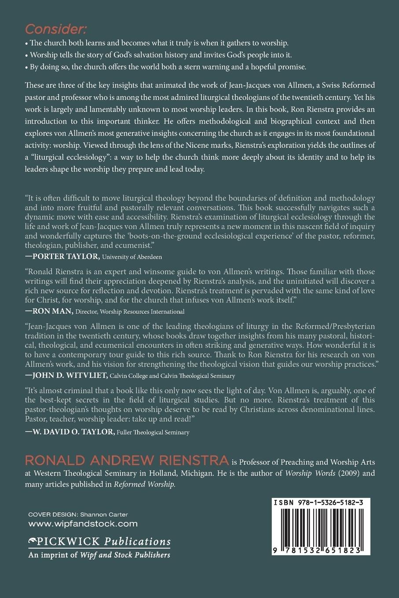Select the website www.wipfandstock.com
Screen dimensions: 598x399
coord(83,524)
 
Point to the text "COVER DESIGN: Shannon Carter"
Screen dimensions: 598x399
coord(78,514)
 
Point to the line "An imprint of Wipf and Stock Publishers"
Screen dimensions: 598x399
coord(99,555)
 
